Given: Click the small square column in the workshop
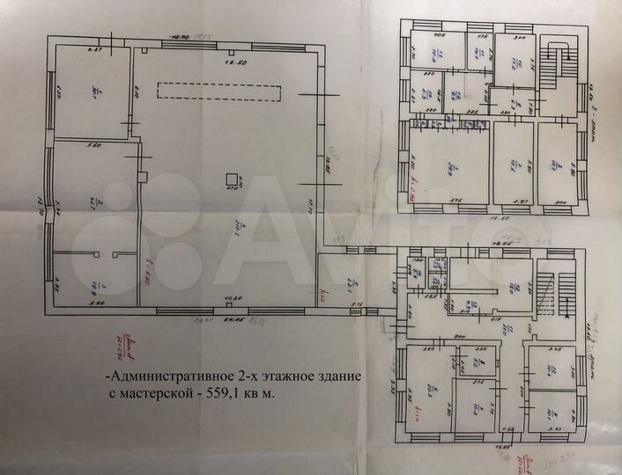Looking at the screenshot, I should tap(233, 176).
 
